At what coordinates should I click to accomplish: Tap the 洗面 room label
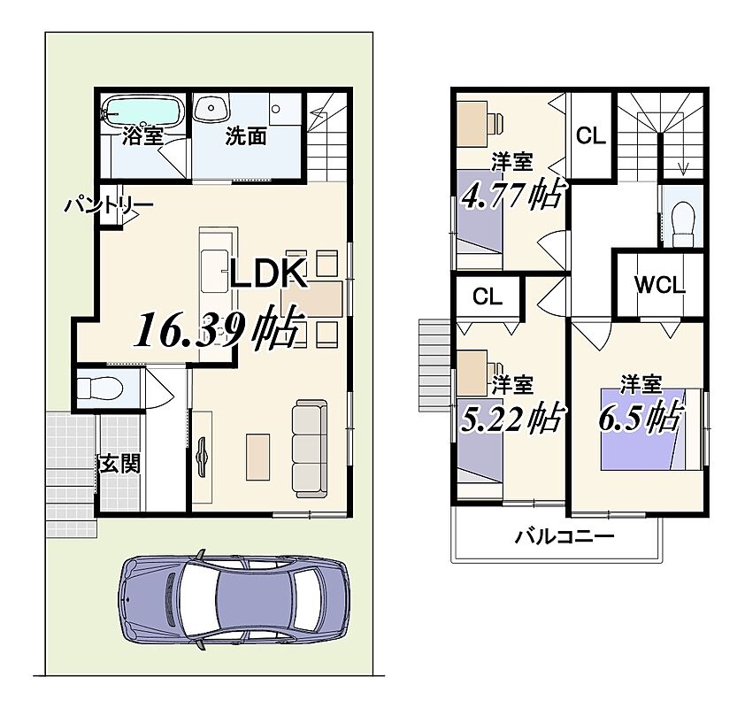tap(246, 136)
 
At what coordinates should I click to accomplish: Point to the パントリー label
tap(109, 205)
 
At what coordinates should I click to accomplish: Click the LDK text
tap(268, 273)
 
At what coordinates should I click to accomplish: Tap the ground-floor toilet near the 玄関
tap(100, 389)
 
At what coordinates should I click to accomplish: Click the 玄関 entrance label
tap(119, 463)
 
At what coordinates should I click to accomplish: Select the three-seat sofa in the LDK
tap(310, 449)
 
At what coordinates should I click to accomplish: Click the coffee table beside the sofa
tap(257, 458)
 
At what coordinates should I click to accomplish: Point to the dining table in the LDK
tap(312, 299)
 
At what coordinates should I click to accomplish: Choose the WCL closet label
tap(659, 285)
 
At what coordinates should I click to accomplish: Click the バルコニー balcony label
tap(565, 537)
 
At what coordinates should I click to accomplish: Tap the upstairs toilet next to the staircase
tap(684, 219)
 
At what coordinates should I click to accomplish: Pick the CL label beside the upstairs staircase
tap(590, 136)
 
